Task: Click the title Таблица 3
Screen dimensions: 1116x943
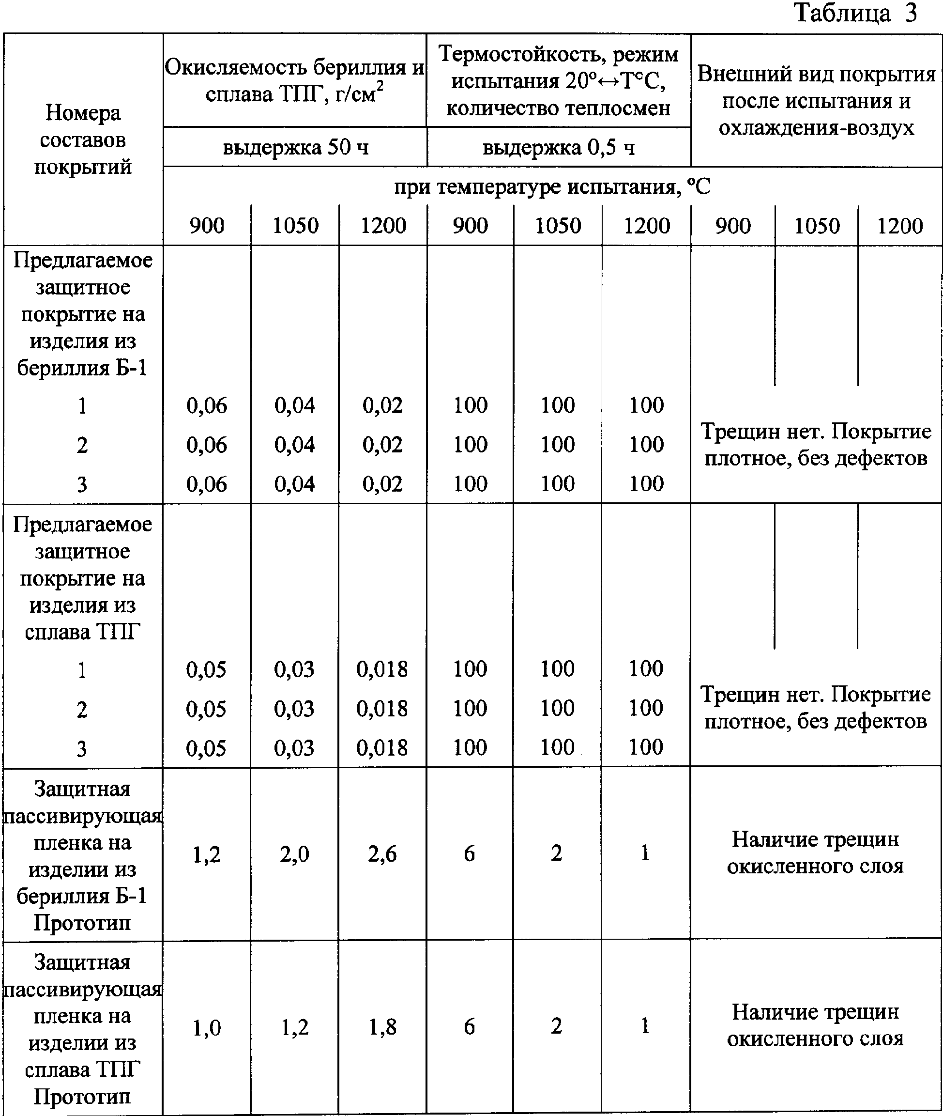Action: click(855, 14)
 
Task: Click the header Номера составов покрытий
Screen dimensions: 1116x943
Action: click(83, 139)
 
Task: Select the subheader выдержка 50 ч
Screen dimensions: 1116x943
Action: click(295, 147)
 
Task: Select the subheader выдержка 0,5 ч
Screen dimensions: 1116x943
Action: click(559, 147)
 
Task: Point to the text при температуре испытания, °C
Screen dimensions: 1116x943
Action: click(552, 186)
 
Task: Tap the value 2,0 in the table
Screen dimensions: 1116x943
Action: click(294, 854)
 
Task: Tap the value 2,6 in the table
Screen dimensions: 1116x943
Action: click(382, 854)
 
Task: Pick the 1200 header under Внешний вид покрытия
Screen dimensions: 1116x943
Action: click(900, 226)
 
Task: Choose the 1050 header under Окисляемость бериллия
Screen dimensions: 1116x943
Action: click(295, 226)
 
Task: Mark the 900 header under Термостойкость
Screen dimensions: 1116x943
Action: click(471, 226)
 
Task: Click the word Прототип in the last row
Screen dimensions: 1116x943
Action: click(82, 1096)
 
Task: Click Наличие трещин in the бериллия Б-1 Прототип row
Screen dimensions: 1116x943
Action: click(815, 839)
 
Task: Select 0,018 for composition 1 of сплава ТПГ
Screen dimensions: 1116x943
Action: click(382, 669)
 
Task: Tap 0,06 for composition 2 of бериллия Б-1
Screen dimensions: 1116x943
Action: click(206, 445)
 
